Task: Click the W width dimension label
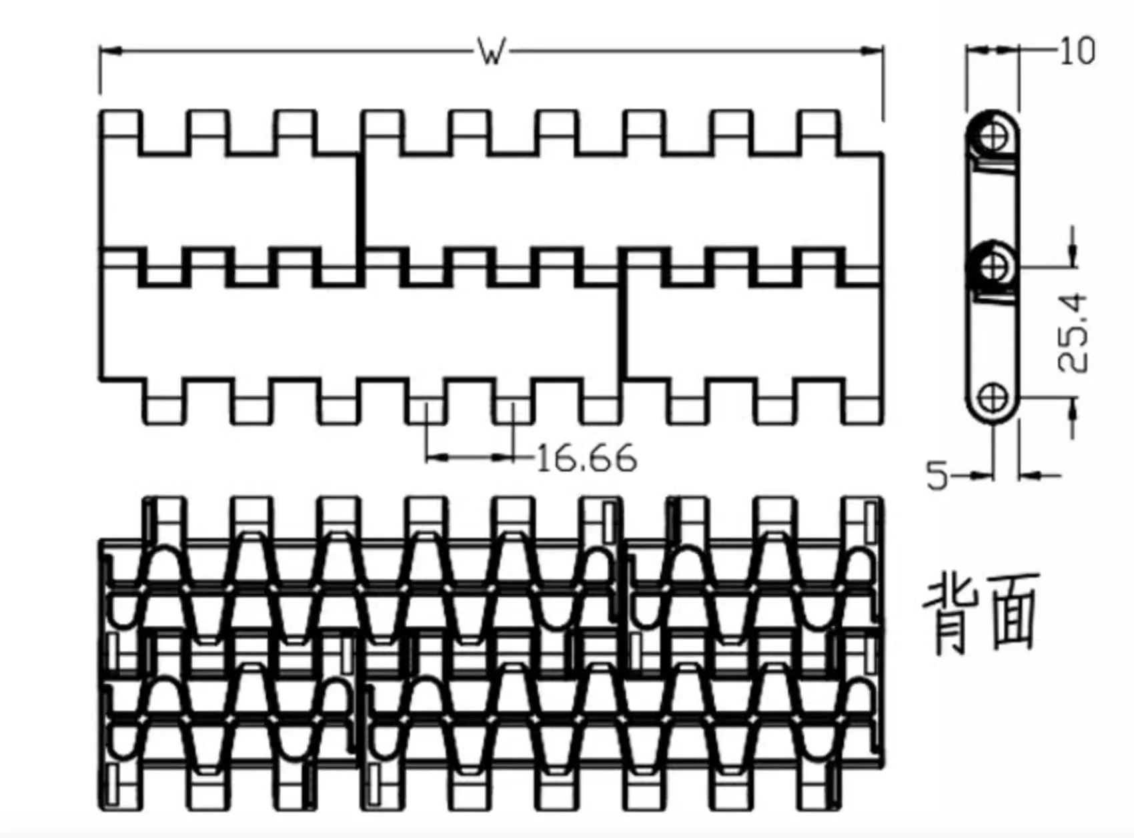[x=492, y=52]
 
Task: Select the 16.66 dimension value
[x=586, y=458]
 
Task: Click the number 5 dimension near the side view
[x=937, y=475]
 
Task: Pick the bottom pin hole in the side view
[x=993, y=398]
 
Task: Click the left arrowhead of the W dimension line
[x=110, y=50]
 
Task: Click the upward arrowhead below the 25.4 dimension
[x=1073, y=410]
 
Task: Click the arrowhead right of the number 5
[x=980, y=475]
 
